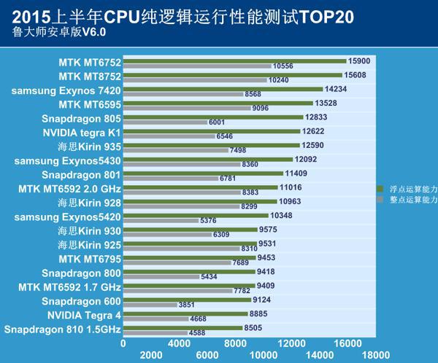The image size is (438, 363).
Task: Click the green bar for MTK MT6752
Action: coord(234,60)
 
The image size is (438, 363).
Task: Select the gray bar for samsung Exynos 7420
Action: coord(182,94)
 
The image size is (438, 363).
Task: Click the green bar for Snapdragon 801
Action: coord(203,173)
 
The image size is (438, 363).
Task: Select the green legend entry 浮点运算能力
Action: coord(408,189)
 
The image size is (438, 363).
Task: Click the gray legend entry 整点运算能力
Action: coord(408,199)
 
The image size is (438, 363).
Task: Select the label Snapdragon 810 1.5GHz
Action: coord(62,329)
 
